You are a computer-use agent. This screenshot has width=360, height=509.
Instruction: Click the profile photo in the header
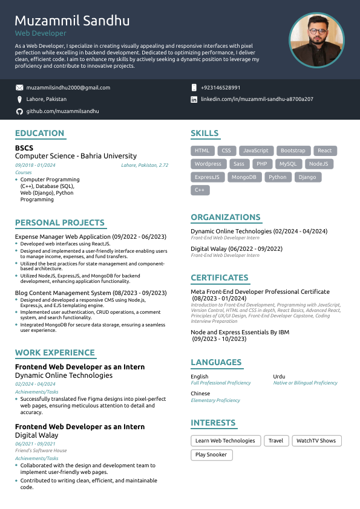coord(316,40)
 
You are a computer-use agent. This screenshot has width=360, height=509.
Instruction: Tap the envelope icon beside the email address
coord(19,88)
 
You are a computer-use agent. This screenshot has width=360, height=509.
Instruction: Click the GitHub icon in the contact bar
coord(19,111)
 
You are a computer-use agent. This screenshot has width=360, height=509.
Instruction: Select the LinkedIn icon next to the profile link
coord(194,99)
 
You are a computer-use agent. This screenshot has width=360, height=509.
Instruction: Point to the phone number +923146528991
coord(220,88)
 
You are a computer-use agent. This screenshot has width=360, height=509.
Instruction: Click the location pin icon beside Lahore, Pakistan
coord(19,99)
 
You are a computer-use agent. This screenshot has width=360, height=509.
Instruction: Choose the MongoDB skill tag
coord(244,177)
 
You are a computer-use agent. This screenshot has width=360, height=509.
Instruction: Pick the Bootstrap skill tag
coord(293,151)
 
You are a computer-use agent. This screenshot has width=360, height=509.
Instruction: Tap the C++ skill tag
coord(200,190)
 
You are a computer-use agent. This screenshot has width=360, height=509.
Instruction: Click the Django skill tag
coord(307,177)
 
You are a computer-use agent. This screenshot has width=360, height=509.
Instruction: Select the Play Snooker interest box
coord(211,455)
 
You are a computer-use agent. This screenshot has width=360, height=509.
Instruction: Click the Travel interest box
coord(276,441)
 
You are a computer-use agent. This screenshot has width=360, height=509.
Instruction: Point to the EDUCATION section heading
coord(39,134)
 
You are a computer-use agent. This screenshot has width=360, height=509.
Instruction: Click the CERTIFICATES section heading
coord(220,278)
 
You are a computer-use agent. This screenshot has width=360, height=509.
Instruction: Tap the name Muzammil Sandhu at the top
coord(72,21)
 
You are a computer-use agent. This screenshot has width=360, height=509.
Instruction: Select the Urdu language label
coord(279,377)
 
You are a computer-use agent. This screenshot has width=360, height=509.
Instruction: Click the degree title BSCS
coord(24,148)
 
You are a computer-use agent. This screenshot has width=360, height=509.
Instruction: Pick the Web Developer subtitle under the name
coord(41,34)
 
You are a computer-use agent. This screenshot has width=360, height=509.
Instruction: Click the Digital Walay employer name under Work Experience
coord(36,435)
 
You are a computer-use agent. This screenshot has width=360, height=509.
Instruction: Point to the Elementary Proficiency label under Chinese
coord(215,400)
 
